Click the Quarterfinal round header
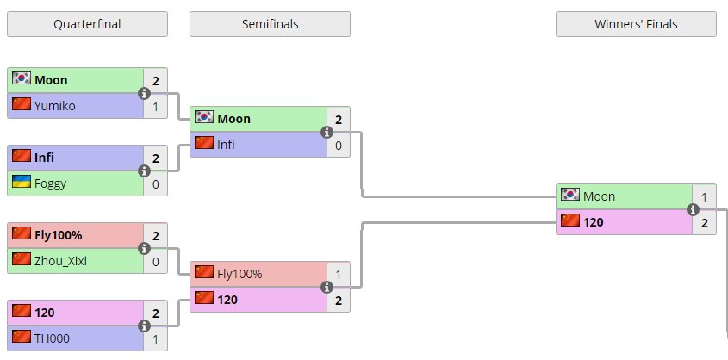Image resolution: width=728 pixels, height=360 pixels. (87, 24)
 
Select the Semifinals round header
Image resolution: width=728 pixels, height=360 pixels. (270, 24)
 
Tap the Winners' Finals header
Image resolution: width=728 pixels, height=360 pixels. (636, 24)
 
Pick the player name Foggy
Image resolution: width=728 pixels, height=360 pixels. (50, 183)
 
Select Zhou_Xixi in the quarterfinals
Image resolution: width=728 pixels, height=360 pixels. (60, 261)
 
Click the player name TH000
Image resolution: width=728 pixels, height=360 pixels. (51, 338)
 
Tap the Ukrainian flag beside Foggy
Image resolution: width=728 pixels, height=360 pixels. (22, 183)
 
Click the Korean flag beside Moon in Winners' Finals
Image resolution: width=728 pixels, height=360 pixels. (570, 196)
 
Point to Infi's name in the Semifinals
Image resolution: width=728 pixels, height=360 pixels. (226, 145)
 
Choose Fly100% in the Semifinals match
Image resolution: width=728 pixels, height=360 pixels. (240, 274)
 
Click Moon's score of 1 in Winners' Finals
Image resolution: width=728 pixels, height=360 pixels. (704, 196)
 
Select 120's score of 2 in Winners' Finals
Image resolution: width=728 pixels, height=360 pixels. (704, 222)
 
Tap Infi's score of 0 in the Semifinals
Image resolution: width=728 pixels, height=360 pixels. (339, 146)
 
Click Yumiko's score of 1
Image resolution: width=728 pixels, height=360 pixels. (156, 107)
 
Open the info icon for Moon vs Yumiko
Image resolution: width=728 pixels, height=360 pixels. (144, 93)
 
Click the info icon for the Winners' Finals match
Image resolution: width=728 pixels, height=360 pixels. (693, 209)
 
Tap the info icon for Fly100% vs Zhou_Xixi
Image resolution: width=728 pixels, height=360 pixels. (144, 248)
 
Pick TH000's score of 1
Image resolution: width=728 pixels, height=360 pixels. (156, 339)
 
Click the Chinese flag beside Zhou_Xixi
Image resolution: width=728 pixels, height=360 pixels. (22, 260)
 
